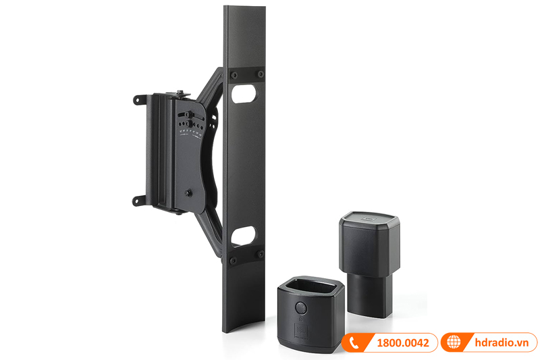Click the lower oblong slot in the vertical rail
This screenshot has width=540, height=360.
pyautogui.click(x=244, y=235)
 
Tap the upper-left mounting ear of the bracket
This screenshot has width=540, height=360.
pyautogui.click(x=139, y=101)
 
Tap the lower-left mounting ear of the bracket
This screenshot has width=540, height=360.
pyautogui.click(x=139, y=200)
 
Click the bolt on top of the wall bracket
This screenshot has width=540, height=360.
pyautogui.click(x=183, y=91)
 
